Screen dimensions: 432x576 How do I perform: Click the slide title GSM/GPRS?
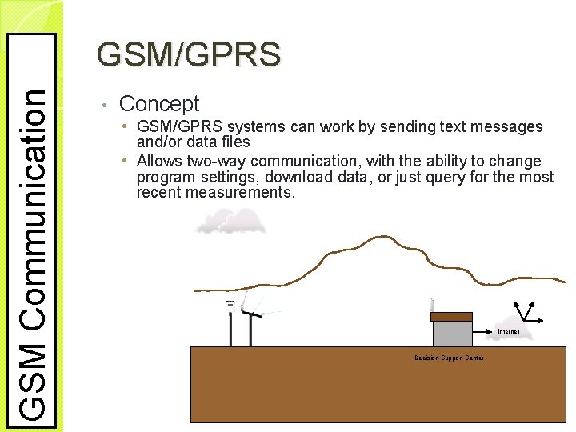(188, 54)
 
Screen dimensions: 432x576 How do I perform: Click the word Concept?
(158, 103)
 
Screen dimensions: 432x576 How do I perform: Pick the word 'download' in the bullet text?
(299, 176)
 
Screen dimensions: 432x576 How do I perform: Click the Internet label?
(509, 331)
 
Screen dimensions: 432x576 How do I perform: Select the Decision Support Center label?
(449, 358)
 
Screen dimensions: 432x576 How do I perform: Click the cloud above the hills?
(230, 221)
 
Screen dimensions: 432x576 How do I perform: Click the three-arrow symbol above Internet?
(526, 312)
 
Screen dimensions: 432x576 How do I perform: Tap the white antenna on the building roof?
(431, 306)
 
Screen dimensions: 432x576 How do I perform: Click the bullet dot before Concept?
(104, 105)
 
